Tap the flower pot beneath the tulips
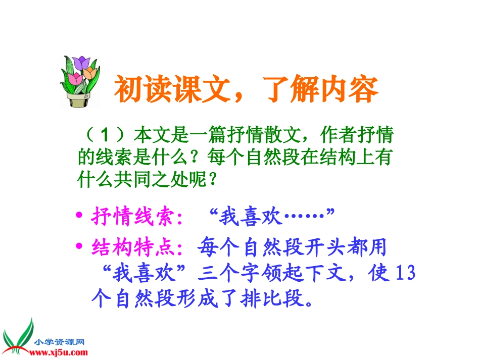tap(79, 99)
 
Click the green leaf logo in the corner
tap(18, 336)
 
